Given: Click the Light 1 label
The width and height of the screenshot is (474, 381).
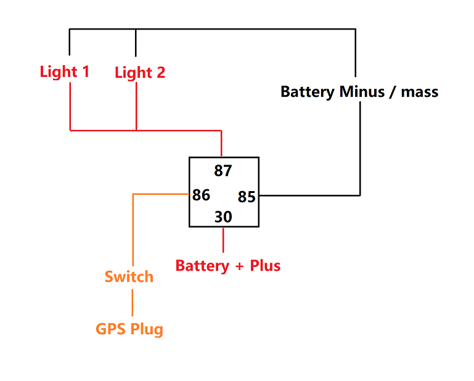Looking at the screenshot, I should click(x=64, y=72).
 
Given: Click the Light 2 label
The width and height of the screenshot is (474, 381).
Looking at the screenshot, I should click(x=140, y=73).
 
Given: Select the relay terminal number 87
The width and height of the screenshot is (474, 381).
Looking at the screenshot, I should click(x=223, y=170).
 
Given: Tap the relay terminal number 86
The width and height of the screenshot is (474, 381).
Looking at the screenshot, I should click(x=201, y=195).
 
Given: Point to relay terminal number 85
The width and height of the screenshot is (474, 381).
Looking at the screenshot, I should click(x=247, y=197).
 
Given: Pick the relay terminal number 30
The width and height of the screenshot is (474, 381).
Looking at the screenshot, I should click(x=223, y=217).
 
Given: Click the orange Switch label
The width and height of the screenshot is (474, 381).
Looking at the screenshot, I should click(x=129, y=276).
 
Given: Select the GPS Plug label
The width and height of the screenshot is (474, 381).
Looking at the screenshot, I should click(x=129, y=329).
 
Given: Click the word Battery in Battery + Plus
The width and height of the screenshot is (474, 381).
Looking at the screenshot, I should click(x=202, y=266).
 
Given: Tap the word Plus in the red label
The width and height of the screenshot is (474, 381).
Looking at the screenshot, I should click(x=265, y=266).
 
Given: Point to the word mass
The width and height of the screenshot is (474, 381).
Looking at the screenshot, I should click(x=420, y=92).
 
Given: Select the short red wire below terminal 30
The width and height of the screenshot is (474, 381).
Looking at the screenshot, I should click(x=223, y=240).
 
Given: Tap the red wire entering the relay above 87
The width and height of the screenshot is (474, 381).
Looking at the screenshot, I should click(x=221, y=144).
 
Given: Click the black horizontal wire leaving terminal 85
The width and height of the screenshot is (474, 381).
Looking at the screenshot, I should click(x=308, y=195).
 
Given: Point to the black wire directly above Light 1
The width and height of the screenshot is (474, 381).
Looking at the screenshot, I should click(x=70, y=43).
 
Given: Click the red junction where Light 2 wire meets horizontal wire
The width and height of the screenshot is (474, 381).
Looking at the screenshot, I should click(x=136, y=130).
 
